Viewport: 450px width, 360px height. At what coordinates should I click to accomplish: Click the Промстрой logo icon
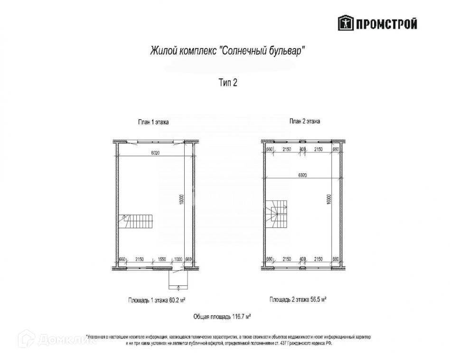coord(345,23)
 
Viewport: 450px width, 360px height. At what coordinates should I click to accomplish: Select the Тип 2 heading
coord(227,83)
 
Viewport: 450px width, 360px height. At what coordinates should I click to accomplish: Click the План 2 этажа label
coord(304,121)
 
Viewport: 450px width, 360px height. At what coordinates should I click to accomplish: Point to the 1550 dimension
coord(161,259)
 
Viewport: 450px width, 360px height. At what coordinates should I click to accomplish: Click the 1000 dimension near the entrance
coord(178,259)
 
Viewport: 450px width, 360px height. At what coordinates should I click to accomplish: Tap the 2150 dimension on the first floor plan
coord(140,259)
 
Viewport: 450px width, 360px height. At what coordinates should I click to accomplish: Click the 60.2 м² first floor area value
coord(174,300)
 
